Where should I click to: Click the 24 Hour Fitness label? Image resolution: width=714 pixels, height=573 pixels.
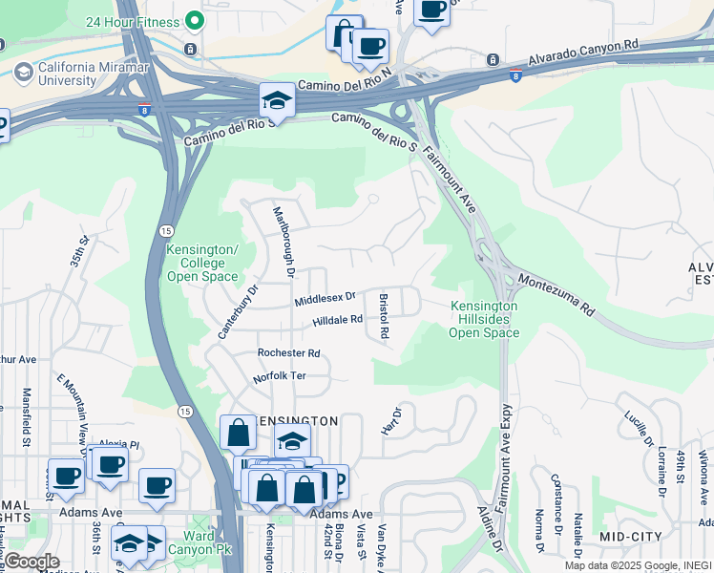pyautogui.click(x=132, y=21)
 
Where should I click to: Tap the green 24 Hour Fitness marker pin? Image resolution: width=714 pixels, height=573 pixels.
pyautogui.click(x=195, y=20)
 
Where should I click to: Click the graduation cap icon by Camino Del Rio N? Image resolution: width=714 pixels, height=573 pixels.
pyautogui.click(x=277, y=99)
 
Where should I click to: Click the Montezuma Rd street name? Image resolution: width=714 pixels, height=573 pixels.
pyautogui.click(x=556, y=296)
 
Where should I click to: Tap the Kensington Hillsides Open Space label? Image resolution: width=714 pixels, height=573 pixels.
pyautogui.click(x=484, y=320)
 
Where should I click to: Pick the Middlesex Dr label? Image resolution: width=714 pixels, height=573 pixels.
pyautogui.click(x=325, y=300)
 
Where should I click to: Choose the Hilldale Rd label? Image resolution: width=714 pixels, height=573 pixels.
pyautogui.click(x=338, y=321)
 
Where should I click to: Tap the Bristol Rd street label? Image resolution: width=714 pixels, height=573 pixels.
pyautogui.click(x=385, y=316)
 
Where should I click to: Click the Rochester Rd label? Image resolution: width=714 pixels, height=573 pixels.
pyautogui.click(x=288, y=352)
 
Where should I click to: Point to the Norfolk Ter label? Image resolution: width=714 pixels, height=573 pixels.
pyautogui.click(x=279, y=376)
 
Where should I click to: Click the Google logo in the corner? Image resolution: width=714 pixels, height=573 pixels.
pyautogui.click(x=31, y=562)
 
